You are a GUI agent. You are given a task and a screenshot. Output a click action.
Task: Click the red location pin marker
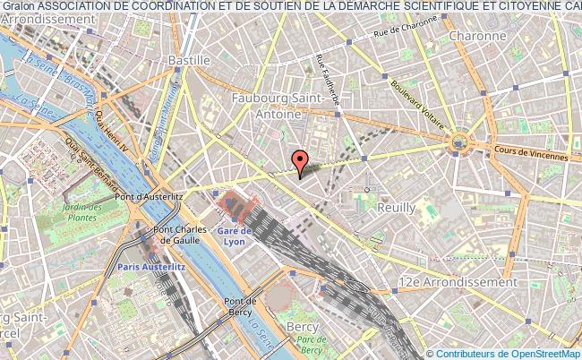(300, 161)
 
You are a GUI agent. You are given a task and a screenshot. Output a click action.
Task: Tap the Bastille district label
(189, 60)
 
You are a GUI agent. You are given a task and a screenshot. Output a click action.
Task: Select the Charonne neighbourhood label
(477, 37)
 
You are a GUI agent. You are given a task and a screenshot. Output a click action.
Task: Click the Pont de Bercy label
(240, 306)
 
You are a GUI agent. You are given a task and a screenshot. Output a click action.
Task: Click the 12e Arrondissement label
(458, 281)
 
